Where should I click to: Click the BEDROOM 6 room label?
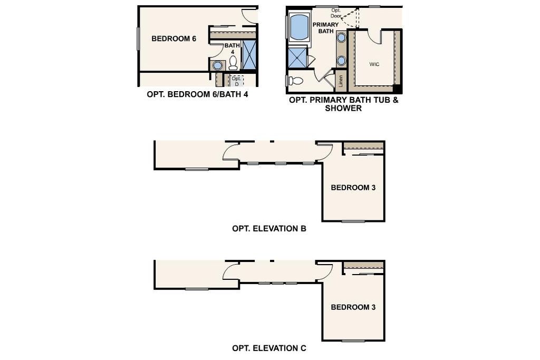(173, 38)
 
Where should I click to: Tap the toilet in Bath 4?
(233, 63)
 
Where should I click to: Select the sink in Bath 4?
(217, 65)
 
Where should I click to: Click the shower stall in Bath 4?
(249, 55)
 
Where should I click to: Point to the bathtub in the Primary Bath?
(300, 27)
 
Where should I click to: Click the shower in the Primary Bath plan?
(296, 57)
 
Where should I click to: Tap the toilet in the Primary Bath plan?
(295, 81)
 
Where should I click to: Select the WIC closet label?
(374, 64)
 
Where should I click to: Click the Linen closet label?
(341, 81)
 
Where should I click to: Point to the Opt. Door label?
(336, 13)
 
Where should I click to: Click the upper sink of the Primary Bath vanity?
(342, 37)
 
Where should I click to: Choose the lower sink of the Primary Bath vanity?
(342, 61)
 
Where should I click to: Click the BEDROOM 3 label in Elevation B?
(353, 188)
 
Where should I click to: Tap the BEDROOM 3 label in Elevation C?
(353, 307)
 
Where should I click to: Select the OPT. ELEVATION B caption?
(269, 229)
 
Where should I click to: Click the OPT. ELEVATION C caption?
(269, 348)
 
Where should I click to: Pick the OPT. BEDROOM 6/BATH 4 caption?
(197, 94)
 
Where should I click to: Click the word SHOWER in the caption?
(343, 108)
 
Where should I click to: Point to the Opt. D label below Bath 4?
(236, 81)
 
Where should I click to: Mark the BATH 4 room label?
(233, 48)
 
